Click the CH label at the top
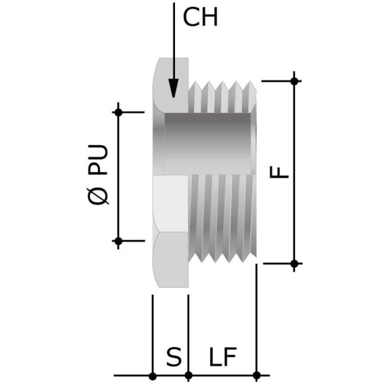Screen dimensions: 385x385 (201, 18)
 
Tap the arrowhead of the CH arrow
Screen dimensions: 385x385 (174, 88)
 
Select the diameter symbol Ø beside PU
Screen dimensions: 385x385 (99, 196)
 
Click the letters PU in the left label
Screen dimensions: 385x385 (99, 159)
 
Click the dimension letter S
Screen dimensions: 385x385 (174, 357)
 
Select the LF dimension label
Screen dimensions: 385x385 (222, 357)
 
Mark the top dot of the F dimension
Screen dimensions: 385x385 (294, 81)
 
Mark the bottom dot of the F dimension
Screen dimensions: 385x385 (294, 263)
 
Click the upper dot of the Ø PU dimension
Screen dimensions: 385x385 (118, 112)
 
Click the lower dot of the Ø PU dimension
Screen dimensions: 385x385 (118, 240)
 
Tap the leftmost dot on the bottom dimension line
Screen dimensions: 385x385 (153, 375)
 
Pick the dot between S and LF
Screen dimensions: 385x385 (188, 375)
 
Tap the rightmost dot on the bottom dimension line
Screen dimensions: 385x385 (256, 375)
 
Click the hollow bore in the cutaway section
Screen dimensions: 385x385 (209, 142)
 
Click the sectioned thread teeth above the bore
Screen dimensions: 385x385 (223, 98)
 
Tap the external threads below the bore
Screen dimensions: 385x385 (223, 216)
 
